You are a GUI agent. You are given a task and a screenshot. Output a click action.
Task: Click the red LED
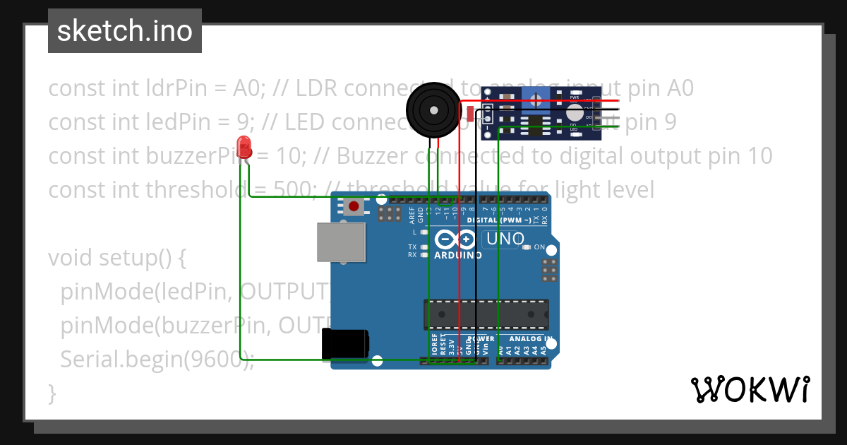point(245,147)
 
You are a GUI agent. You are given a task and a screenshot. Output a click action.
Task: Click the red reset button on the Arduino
point(354,206)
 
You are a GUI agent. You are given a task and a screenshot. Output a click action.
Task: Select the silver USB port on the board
point(341,243)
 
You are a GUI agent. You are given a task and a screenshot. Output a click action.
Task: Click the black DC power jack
point(344,345)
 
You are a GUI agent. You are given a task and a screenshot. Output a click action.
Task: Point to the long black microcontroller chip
point(486,314)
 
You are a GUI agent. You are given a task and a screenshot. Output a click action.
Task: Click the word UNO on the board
point(505,239)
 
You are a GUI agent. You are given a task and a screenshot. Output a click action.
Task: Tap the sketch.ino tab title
point(124,31)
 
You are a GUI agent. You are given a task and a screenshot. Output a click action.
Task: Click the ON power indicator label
point(539,247)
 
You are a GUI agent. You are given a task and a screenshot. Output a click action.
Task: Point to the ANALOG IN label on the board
point(526,339)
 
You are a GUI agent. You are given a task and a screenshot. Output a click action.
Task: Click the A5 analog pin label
point(543,348)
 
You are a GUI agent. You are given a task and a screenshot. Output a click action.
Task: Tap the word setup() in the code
point(142,258)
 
